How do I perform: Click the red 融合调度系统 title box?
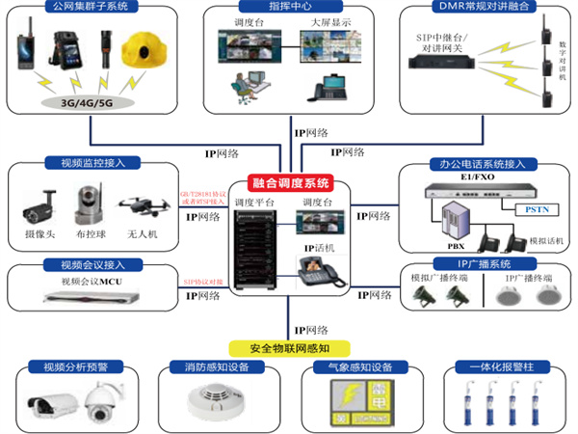tap(290, 182)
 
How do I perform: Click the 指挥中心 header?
tap(288, 8)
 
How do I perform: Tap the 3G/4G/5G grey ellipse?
tap(90, 100)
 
